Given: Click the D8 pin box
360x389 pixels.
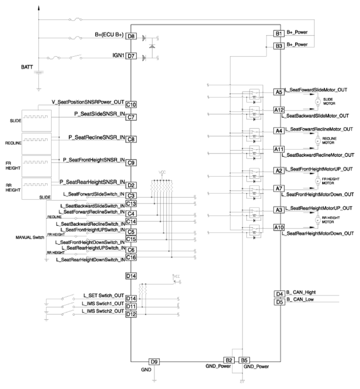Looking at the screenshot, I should point(131,36).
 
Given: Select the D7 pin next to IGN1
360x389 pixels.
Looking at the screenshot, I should point(131,56).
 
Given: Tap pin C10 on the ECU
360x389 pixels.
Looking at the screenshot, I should point(131,105).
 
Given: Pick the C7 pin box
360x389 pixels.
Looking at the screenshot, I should point(131,117).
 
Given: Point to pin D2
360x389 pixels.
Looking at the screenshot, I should point(131,185).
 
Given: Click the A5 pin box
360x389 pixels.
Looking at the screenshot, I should point(279,92).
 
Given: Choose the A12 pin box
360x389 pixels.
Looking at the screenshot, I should point(279,111).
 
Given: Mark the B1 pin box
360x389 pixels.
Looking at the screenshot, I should point(279,34).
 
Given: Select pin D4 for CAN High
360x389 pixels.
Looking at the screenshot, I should point(279,294).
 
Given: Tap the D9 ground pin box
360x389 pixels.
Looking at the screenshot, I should point(155,361).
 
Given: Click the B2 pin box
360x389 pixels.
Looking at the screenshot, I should point(229,360).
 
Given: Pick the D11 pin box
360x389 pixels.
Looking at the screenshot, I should point(131,306).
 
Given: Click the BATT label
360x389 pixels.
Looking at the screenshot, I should point(26,68).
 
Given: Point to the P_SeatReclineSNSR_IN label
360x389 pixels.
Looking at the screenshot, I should point(96,136).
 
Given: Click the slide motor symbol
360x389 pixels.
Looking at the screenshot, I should point(317,101).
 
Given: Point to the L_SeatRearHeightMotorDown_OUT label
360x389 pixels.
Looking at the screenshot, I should point(317,234).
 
